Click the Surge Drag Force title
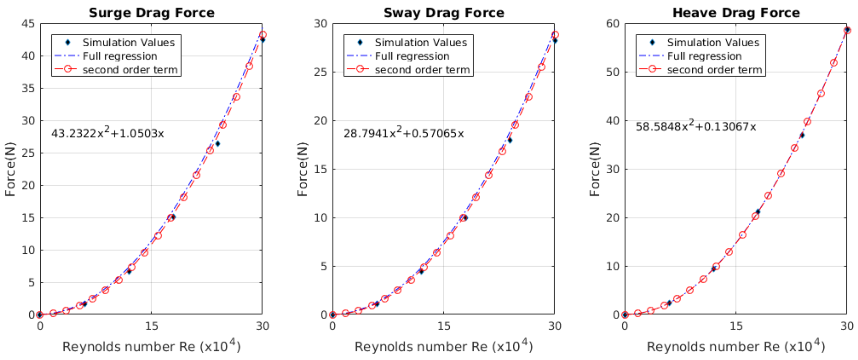(151, 13)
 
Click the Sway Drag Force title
(444, 13)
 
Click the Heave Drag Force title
(736, 13)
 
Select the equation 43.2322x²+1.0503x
(107, 133)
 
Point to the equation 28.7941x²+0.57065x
(403, 133)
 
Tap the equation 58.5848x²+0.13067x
(695, 126)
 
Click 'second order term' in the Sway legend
(422, 69)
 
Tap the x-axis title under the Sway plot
(444, 346)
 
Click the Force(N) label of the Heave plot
(594, 169)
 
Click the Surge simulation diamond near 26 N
(217, 144)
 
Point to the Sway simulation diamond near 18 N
(510, 140)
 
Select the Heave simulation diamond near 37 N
(802, 135)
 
